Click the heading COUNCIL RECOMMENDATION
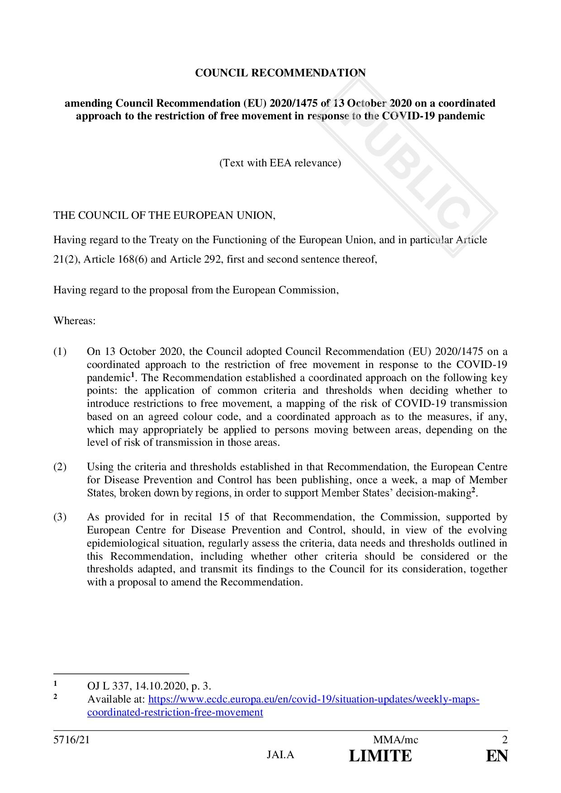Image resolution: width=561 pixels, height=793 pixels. (x=280, y=73)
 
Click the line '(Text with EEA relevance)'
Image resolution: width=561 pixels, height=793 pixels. (x=280, y=163)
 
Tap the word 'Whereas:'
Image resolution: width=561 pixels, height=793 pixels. (x=75, y=321)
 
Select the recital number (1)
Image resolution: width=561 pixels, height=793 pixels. (x=60, y=352)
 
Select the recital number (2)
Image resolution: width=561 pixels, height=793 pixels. (x=60, y=467)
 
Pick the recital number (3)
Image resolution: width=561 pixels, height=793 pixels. (x=60, y=517)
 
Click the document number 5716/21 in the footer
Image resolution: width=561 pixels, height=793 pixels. (x=68, y=740)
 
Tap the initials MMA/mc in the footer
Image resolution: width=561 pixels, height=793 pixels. (x=395, y=740)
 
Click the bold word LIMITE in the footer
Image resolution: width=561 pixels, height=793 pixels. (x=380, y=756)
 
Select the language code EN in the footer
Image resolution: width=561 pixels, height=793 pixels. (x=497, y=756)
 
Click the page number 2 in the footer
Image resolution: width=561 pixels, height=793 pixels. (x=504, y=740)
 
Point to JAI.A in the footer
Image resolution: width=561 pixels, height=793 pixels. (x=280, y=755)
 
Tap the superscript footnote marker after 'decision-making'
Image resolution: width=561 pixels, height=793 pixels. (x=473, y=491)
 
